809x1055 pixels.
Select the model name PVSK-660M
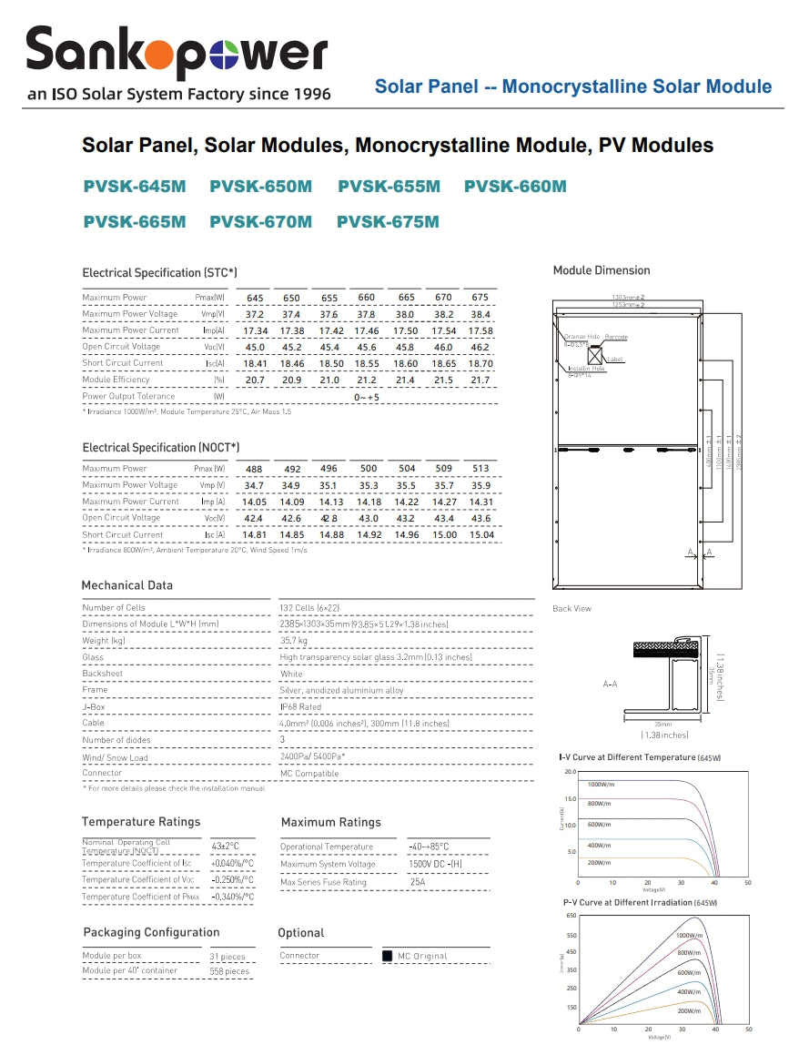pos(515,187)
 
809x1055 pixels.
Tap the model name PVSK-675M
pos(388,222)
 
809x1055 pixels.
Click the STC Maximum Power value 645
pos(255,298)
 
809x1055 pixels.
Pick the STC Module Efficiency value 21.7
pos(480,380)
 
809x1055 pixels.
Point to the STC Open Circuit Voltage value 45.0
pos(255,347)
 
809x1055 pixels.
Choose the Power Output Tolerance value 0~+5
pos(367,397)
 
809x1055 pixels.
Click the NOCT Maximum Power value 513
pos(481,469)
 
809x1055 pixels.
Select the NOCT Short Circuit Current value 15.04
pos(481,535)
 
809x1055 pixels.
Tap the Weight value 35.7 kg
pos(294,641)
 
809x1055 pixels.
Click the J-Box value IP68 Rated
pos(301,707)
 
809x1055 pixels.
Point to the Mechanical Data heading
pos(126,585)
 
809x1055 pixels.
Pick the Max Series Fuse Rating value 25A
pos(418,882)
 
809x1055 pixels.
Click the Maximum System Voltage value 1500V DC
pos(436,864)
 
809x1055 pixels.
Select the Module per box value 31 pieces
pos(228,957)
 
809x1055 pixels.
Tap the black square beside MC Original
pos(387,956)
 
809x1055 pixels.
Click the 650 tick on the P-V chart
pos(571,916)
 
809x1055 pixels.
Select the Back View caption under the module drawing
pos(571,608)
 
